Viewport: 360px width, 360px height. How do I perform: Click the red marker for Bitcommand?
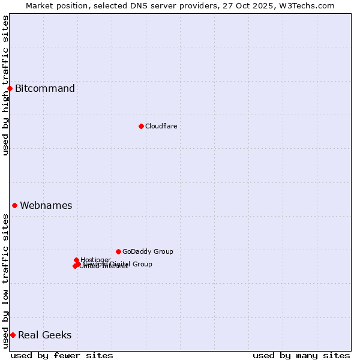click(x=10, y=89)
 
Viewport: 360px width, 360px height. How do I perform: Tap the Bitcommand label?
click(x=45, y=89)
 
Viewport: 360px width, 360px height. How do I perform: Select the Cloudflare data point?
click(x=141, y=126)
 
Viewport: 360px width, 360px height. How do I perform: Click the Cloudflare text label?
click(x=161, y=126)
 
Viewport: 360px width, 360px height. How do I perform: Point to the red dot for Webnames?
click(x=14, y=205)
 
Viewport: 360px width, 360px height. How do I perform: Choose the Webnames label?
click(x=46, y=205)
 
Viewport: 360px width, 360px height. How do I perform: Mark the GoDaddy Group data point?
click(x=118, y=251)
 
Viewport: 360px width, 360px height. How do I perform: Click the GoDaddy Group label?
click(x=148, y=251)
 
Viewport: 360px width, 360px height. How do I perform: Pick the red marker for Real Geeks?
click(x=13, y=335)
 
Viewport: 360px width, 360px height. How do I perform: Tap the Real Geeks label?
click(x=45, y=335)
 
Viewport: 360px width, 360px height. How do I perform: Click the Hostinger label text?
click(x=95, y=260)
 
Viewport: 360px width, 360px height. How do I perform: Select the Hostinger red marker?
click(x=76, y=260)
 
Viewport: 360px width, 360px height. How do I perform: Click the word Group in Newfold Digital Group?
click(x=142, y=264)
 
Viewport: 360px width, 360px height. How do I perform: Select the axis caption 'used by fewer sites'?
click(x=62, y=355)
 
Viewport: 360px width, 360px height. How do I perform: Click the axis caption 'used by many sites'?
click(x=301, y=355)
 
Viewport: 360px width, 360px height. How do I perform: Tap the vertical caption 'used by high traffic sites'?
click(x=5, y=85)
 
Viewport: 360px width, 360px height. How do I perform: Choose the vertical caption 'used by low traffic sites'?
click(x=5, y=281)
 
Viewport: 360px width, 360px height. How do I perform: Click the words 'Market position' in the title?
click(x=54, y=5)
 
